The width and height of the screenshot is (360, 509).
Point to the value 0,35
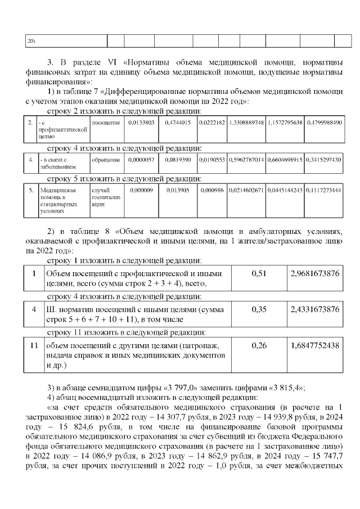point(258,309)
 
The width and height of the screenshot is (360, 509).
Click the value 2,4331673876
point(314,309)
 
